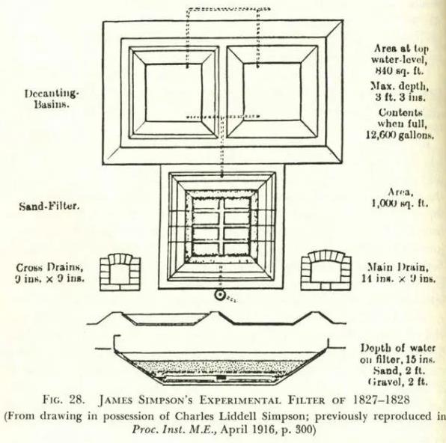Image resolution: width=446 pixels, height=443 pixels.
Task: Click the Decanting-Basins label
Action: pyautogui.click(x=51, y=99)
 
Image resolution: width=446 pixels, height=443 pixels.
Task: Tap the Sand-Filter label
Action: pyautogui.click(x=49, y=206)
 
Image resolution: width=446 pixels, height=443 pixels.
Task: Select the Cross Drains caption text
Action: pyautogui.click(x=50, y=273)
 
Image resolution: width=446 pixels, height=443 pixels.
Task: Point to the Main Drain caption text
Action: pyautogui.click(x=398, y=273)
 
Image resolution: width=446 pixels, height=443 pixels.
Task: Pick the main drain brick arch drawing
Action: pyautogui.click(x=326, y=270)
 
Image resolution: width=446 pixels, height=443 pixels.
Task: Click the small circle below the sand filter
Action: pyautogui.click(x=219, y=296)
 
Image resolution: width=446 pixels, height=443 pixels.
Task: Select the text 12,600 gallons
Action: pyautogui.click(x=400, y=135)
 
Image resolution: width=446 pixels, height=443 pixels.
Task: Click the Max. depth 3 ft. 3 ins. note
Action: pyautogui.click(x=400, y=91)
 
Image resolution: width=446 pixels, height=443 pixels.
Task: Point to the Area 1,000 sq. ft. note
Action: pyautogui.click(x=400, y=198)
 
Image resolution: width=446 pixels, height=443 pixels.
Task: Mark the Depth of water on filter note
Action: pyautogui.click(x=397, y=354)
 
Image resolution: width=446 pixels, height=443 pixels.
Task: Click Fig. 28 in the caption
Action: pyautogui.click(x=64, y=400)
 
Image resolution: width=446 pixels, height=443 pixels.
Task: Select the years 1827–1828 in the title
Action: pyautogui.click(x=381, y=400)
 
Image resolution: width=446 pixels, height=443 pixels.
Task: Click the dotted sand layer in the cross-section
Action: pyautogui.click(x=219, y=367)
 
